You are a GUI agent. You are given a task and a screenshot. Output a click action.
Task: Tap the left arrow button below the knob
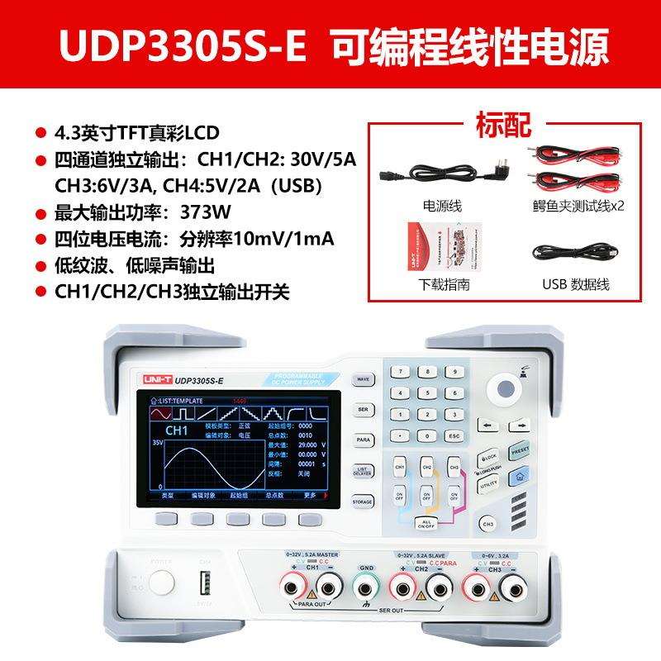click(487, 426)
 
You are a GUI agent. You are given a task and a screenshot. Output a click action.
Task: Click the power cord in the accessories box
click(442, 171)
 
